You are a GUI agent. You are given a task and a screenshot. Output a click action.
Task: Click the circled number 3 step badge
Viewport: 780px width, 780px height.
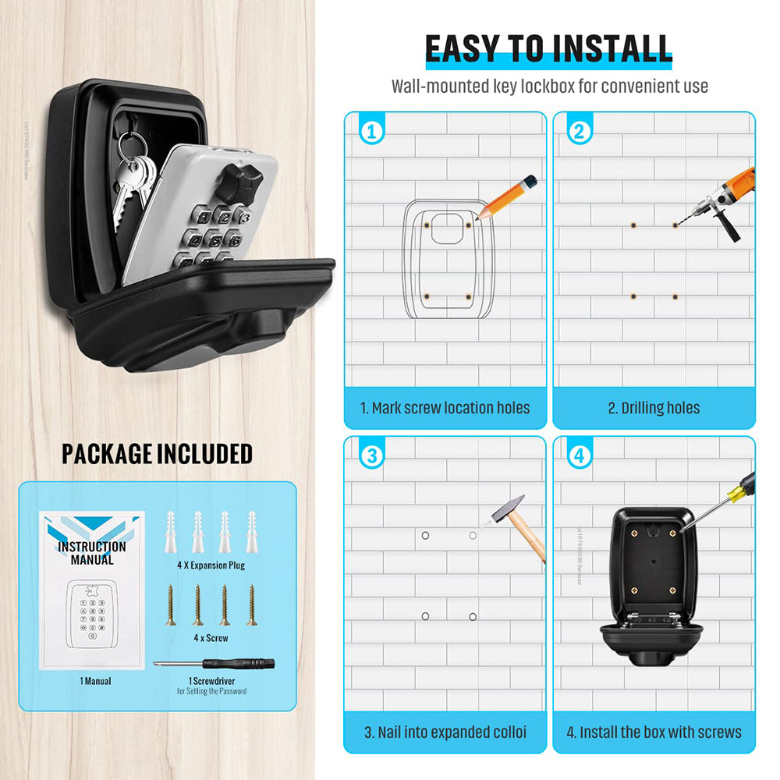[x=371, y=456]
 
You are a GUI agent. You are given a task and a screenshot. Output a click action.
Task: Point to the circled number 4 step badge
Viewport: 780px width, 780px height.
[x=579, y=456]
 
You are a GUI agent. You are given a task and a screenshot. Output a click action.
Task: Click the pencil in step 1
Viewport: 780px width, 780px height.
[x=507, y=197]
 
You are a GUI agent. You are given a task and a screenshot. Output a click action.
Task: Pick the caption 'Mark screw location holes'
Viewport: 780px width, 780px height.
[x=445, y=408]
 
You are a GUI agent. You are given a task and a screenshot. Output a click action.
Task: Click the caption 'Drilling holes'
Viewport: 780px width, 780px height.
[x=654, y=408]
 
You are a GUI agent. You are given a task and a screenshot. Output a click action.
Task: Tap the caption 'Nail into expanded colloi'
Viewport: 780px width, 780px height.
[x=445, y=732]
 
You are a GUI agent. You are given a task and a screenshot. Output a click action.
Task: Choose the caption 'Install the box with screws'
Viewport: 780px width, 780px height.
[x=654, y=732]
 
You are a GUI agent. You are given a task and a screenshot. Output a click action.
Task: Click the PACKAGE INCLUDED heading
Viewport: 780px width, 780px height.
[x=157, y=454]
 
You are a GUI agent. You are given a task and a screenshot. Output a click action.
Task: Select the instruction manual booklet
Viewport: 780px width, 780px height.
[x=92, y=591]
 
